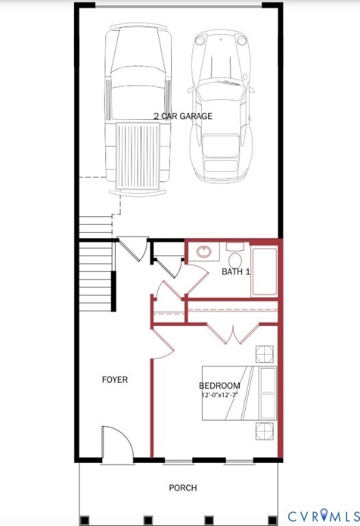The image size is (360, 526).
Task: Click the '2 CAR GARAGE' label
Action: click(182, 116)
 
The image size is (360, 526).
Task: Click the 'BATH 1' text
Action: click(236, 272)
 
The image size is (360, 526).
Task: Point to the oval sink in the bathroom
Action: click(204, 251)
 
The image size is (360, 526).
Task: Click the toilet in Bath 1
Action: click(235, 259)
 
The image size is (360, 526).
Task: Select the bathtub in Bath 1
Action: click(264, 271)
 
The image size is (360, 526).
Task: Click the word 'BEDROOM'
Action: click(220, 386)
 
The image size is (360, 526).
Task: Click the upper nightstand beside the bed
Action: click(264, 354)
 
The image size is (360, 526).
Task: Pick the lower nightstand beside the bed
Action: click(264, 431)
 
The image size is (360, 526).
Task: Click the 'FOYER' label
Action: click(114, 379)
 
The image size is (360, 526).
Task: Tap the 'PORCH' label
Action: click(183, 488)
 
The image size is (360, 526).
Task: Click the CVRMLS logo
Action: click(322, 516)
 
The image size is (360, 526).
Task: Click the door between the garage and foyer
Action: click(132, 249)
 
